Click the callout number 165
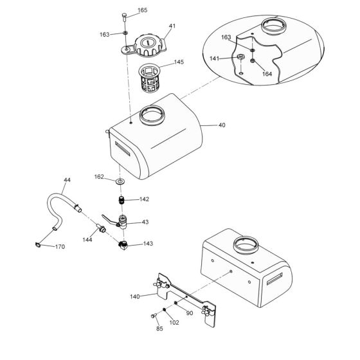pos(142,10)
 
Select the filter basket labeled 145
pos(152,76)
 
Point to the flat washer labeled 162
pos(120,182)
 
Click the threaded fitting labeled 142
pos(120,201)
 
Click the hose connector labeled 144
pos(100,228)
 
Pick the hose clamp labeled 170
pos(38,244)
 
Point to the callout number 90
pos(189,313)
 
